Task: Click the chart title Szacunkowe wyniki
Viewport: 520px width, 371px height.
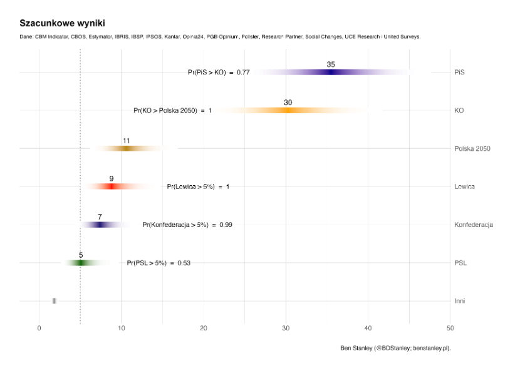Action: [62, 23]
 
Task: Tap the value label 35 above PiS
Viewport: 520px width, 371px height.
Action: [331, 64]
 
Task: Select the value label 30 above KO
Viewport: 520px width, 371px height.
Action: [288, 103]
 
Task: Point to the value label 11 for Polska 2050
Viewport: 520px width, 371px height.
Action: [126, 141]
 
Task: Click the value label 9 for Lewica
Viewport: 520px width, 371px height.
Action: [112, 179]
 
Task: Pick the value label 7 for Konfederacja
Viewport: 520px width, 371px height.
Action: [100, 217]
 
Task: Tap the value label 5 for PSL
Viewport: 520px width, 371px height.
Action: [81, 255]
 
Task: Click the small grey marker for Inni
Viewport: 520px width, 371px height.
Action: [55, 301]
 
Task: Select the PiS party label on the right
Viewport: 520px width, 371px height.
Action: [460, 73]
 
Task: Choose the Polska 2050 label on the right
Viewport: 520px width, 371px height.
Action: [472, 149]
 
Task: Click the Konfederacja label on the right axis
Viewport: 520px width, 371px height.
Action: [474, 225]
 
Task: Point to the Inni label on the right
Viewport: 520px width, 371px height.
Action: [460, 301]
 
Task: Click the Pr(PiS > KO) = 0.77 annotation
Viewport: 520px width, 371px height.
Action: [219, 73]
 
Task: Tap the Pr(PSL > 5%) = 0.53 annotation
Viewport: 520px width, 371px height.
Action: [159, 263]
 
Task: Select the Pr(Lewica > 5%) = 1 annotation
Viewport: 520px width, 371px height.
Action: [198, 186]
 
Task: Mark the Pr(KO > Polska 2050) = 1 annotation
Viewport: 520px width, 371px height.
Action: [173, 111]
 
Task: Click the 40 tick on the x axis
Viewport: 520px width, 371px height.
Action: [368, 328]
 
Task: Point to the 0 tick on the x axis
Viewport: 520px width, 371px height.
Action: [39, 328]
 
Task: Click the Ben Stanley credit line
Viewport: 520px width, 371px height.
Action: [395, 348]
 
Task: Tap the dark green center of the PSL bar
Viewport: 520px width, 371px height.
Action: [81, 263]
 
